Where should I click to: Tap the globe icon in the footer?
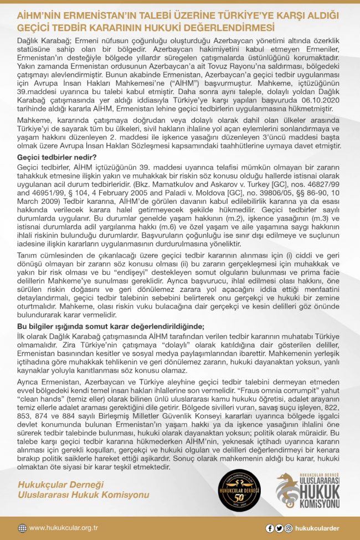click(x=22, y=528)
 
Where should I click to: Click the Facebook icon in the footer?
click(x=270, y=528)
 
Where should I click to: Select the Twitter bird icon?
click(x=279, y=528)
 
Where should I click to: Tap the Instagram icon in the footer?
click(x=288, y=528)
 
